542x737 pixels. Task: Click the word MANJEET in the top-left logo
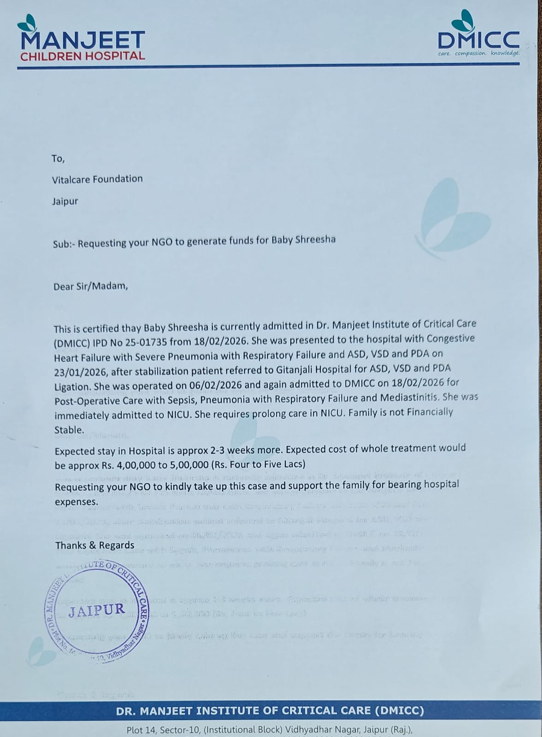(x=83, y=40)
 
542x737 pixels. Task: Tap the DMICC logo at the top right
(x=479, y=40)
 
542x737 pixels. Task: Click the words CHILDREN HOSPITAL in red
(x=82, y=56)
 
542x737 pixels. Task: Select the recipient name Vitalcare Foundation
(x=97, y=179)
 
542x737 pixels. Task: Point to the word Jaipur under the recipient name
(x=65, y=201)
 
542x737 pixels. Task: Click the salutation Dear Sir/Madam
(x=90, y=286)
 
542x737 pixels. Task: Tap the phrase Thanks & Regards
(x=95, y=545)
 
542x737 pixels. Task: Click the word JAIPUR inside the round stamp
(x=97, y=611)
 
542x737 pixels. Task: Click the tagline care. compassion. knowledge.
(x=479, y=53)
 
